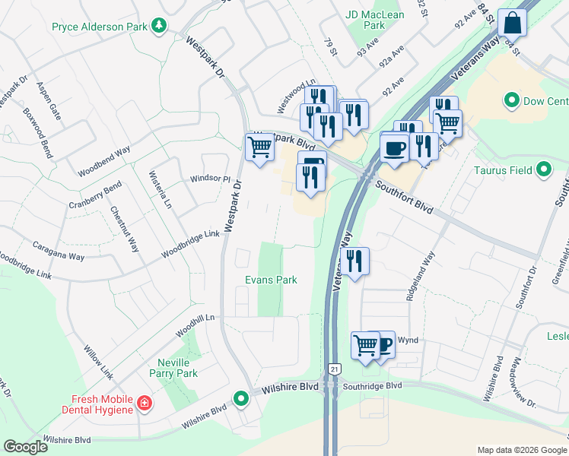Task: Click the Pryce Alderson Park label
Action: pos(99,27)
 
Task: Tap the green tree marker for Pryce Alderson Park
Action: pos(159,27)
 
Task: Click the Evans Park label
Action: pos(270,280)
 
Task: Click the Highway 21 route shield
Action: pos(333,369)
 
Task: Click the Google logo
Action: pos(25,447)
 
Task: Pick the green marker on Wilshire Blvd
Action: pos(241,397)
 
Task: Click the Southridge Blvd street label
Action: pos(371,386)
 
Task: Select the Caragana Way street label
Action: pos(58,252)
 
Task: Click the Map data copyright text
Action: pos(522,449)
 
